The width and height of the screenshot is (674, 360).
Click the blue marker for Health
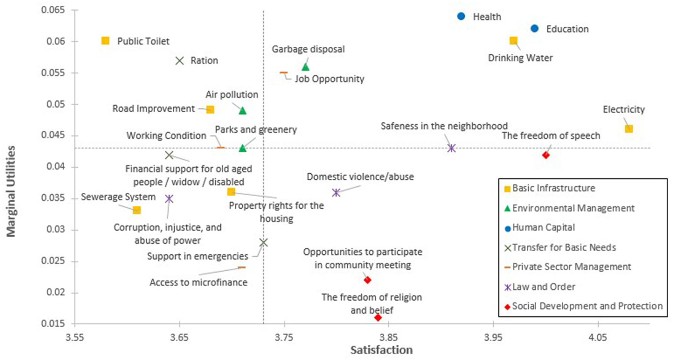click(x=461, y=16)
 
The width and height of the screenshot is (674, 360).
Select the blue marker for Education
click(x=534, y=29)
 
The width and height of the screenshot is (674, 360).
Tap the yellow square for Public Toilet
click(x=105, y=41)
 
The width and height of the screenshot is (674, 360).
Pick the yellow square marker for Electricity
click(x=629, y=129)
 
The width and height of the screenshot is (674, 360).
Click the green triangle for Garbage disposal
click(x=305, y=67)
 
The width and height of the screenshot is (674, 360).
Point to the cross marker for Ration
click(x=180, y=60)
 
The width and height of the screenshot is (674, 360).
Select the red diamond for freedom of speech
click(x=546, y=155)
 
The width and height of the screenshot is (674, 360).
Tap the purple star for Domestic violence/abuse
click(x=336, y=193)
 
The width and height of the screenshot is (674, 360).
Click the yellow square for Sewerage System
click(x=137, y=210)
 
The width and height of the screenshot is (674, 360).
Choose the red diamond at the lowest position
click(x=378, y=317)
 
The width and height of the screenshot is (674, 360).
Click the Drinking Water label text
click(x=520, y=58)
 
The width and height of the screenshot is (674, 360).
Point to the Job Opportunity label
click(x=329, y=79)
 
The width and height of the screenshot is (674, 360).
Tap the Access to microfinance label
click(x=198, y=282)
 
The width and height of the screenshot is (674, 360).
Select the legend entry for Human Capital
click(x=543, y=228)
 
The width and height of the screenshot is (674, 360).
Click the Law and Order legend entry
click(x=543, y=287)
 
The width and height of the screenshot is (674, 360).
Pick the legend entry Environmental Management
click(x=573, y=208)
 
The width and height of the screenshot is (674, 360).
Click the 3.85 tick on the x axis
click(x=389, y=337)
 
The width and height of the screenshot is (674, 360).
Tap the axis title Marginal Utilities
click(x=11, y=191)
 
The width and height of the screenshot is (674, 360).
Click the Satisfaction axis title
click(x=381, y=350)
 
